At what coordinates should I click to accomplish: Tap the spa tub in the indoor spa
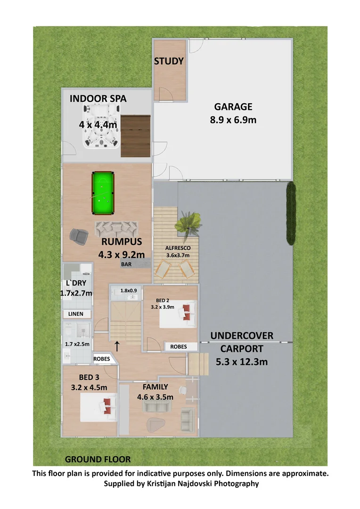click(101, 126)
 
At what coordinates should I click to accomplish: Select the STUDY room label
click(169, 61)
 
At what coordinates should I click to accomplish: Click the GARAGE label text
click(233, 107)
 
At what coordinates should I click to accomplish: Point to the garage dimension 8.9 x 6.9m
click(233, 120)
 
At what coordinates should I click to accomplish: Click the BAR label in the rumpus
click(126, 265)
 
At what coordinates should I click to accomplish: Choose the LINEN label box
click(75, 314)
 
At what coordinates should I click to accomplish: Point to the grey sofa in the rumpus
click(115, 230)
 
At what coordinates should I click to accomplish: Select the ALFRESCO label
click(177, 248)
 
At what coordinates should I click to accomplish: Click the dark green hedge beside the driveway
click(291, 213)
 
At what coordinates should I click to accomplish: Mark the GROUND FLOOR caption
click(98, 459)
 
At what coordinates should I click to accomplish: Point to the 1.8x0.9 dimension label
click(129, 291)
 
